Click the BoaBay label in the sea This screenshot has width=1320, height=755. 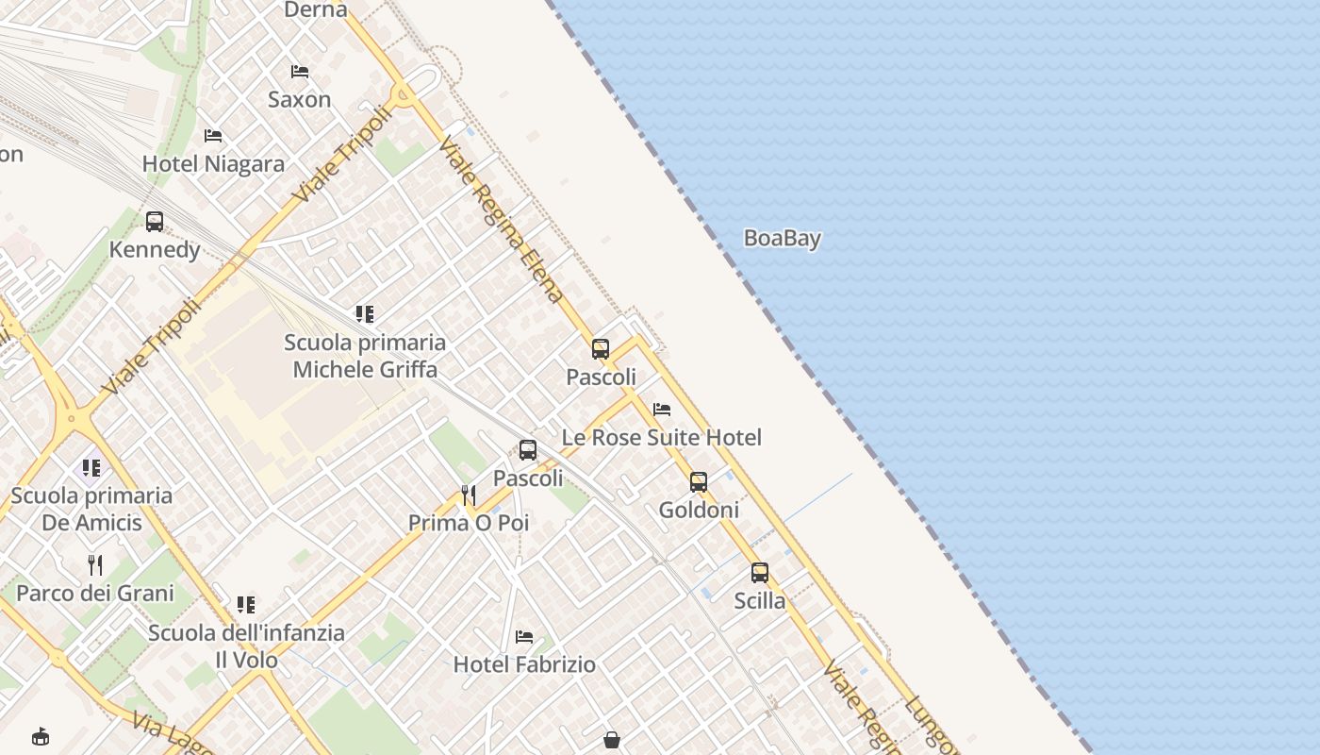[782, 239]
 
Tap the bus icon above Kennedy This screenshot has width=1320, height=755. [155, 222]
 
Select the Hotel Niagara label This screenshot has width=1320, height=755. [213, 164]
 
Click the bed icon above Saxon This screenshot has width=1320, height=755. [300, 72]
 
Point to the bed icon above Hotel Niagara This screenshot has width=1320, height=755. [213, 136]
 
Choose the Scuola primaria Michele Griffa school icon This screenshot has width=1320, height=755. [365, 313]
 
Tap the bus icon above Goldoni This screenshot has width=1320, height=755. [699, 482]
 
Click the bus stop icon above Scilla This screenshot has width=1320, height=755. [760, 573]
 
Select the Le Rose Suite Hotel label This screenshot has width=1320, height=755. [661, 438]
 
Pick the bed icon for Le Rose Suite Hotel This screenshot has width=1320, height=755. [662, 410]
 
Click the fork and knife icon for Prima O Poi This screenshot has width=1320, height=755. [468, 495]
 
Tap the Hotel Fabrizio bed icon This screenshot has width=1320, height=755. [524, 637]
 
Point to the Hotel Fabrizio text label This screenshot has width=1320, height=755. [524, 664]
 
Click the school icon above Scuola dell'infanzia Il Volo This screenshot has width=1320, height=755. [246, 605]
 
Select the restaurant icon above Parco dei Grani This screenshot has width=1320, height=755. [95, 565]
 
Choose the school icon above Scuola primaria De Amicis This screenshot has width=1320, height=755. [91, 468]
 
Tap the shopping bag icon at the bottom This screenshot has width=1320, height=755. [612, 739]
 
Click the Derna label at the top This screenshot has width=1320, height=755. [316, 10]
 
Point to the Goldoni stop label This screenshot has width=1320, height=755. [699, 511]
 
